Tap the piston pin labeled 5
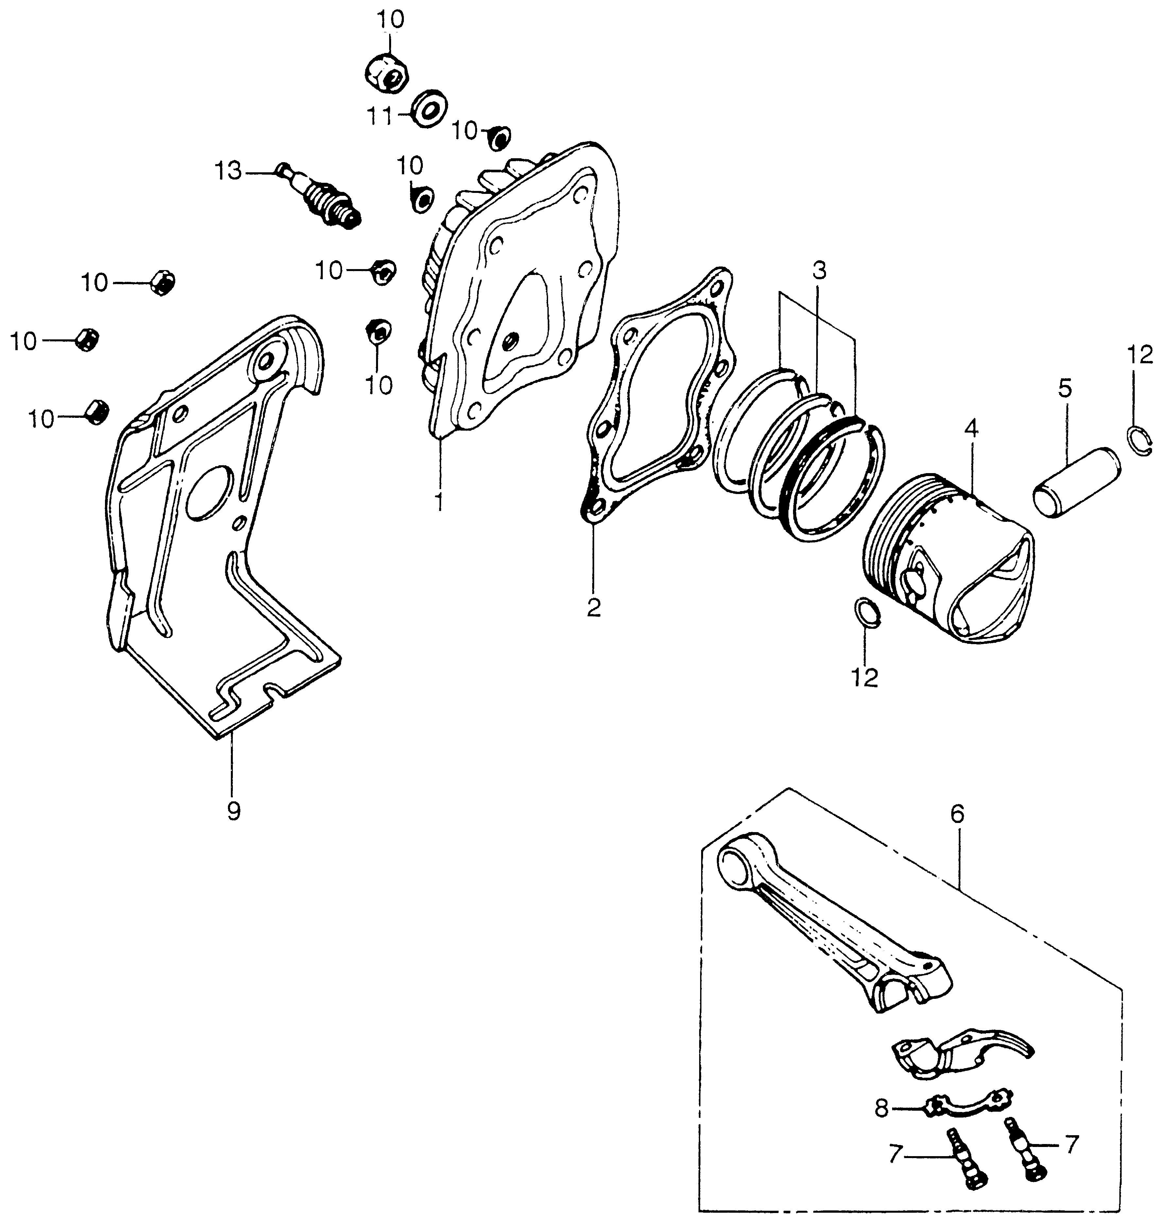tap(1076, 480)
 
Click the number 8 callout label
tap(881, 1109)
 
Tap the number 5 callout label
tap(1064, 388)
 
